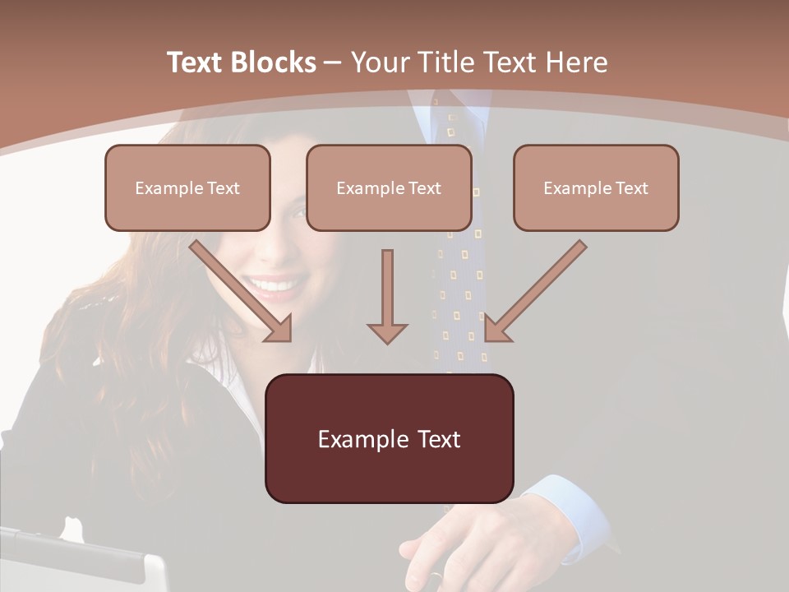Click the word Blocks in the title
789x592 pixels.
point(274,62)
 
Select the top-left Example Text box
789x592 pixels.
point(187,187)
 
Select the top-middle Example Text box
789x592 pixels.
point(389,187)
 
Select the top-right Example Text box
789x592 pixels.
point(596,187)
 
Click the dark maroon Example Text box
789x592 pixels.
point(389,438)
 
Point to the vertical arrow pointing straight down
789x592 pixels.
point(387,296)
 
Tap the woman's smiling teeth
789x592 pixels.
point(275,287)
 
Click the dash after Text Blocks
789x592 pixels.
point(333,62)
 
